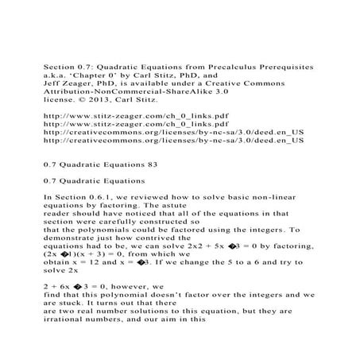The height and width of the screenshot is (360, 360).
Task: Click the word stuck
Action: pyautogui.click(x=57, y=327)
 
